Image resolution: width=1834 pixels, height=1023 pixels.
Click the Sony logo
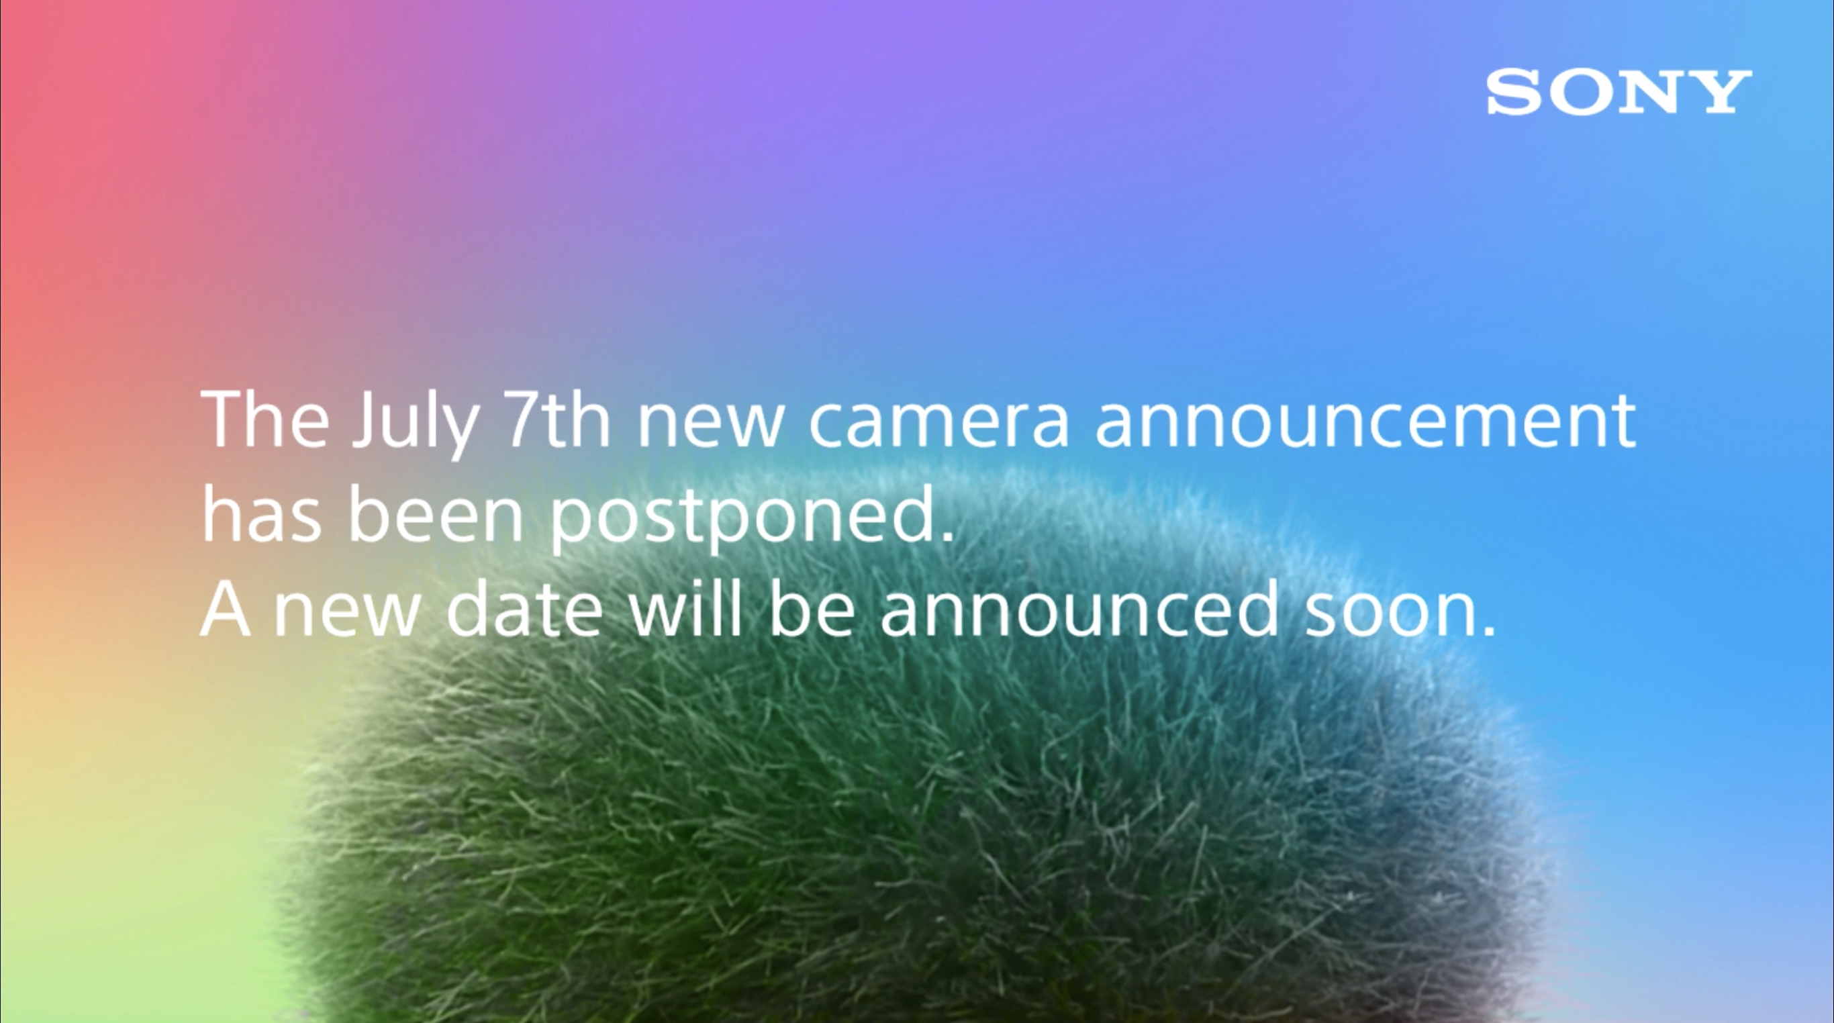pos(1619,92)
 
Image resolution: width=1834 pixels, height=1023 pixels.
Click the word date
pos(524,610)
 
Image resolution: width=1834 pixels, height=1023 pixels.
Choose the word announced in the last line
pos(1079,610)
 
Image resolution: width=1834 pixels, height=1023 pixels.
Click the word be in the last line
pos(812,608)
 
